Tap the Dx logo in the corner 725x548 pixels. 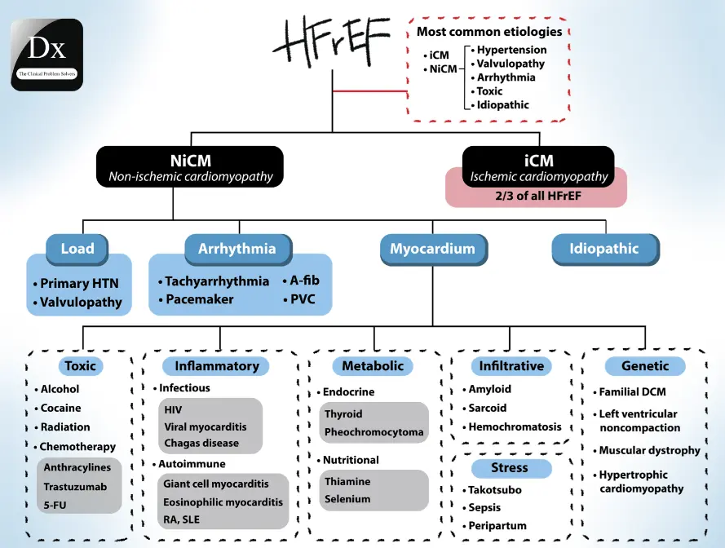pyautogui.click(x=46, y=54)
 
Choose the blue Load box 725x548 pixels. pyautogui.click(x=77, y=249)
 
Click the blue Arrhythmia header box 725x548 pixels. pyautogui.click(x=237, y=249)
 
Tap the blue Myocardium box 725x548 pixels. pyautogui.click(x=432, y=249)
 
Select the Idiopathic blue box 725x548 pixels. pyautogui.click(x=604, y=249)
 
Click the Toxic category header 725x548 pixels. pyautogui.click(x=80, y=366)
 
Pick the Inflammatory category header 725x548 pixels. pyautogui.click(x=216, y=366)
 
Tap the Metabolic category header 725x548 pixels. pyautogui.click(x=373, y=366)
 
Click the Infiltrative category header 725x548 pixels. pyautogui.click(x=511, y=366)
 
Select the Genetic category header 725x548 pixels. pyautogui.click(x=645, y=366)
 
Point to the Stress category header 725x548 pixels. pyautogui.click(x=509, y=468)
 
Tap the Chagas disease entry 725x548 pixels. pyautogui.click(x=201, y=444)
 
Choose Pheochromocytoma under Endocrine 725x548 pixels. pyautogui.click(x=374, y=432)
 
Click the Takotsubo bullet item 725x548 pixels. pyautogui.click(x=494, y=490)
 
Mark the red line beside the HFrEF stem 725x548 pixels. pyautogui.click(x=369, y=91)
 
